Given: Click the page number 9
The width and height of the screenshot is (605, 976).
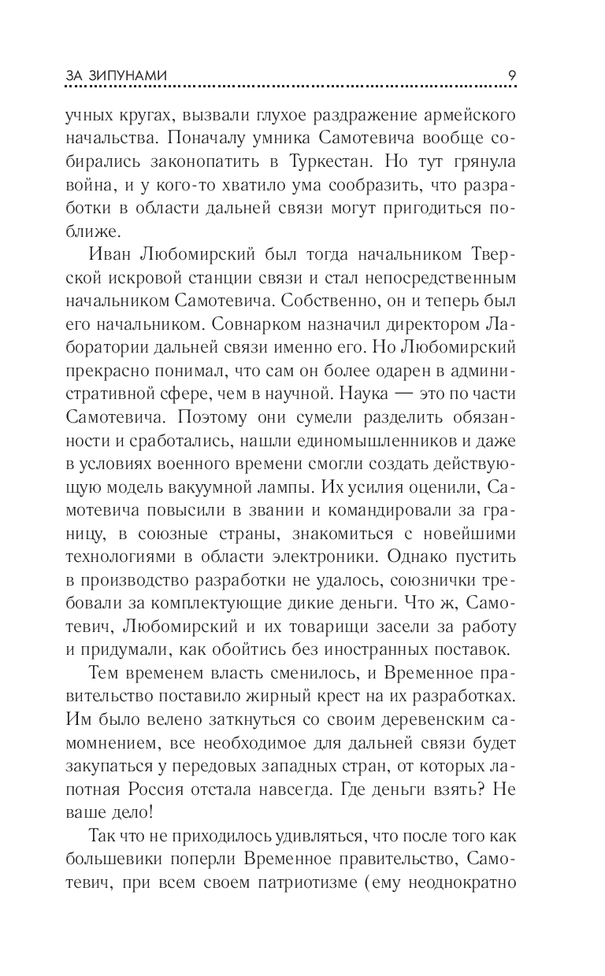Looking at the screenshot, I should [x=512, y=75].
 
